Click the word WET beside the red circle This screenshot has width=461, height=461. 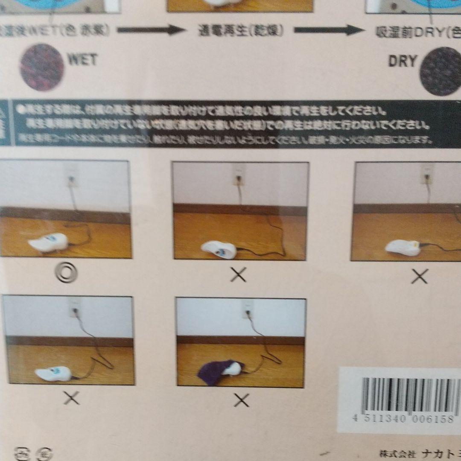tap(82, 60)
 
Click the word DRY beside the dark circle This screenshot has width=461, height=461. tap(402, 61)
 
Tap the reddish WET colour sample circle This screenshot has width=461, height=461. tap(41, 67)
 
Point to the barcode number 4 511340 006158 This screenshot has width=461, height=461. tap(403, 419)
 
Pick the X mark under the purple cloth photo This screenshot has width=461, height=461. tap(242, 400)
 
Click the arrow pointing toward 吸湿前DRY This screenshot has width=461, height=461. tap(327, 30)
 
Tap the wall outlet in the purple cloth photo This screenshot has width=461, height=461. tap(247, 309)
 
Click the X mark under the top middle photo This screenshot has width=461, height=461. tap(238, 275)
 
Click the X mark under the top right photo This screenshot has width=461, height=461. tap(420, 277)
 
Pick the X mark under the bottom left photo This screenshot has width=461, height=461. tap(71, 398)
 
